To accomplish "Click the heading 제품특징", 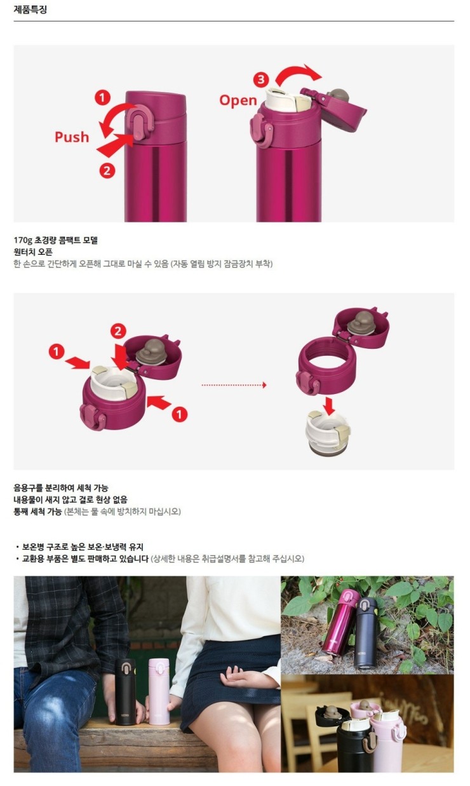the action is pos(30,10).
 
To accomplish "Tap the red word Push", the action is pos(72,137).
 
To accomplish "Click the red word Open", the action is pos(238,100).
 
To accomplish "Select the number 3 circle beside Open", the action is pos(261,79).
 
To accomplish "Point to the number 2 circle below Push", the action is pos(107,171).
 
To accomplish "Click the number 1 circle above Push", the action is pos(102,98).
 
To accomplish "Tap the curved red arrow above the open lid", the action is pos(298,74).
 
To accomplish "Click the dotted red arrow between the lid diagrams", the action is pos(234,385).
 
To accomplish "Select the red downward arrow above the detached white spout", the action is pos(329,405).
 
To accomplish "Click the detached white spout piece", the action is pos(328,433).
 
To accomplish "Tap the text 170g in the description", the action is pos(23,240).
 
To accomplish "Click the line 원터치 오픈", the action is pos(33,252).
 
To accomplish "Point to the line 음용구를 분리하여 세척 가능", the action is pos(61,488).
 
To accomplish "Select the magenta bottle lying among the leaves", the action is pos(340,622).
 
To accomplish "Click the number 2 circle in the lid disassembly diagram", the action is pos(118,331).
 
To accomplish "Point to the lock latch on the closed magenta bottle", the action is pos(139,123).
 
